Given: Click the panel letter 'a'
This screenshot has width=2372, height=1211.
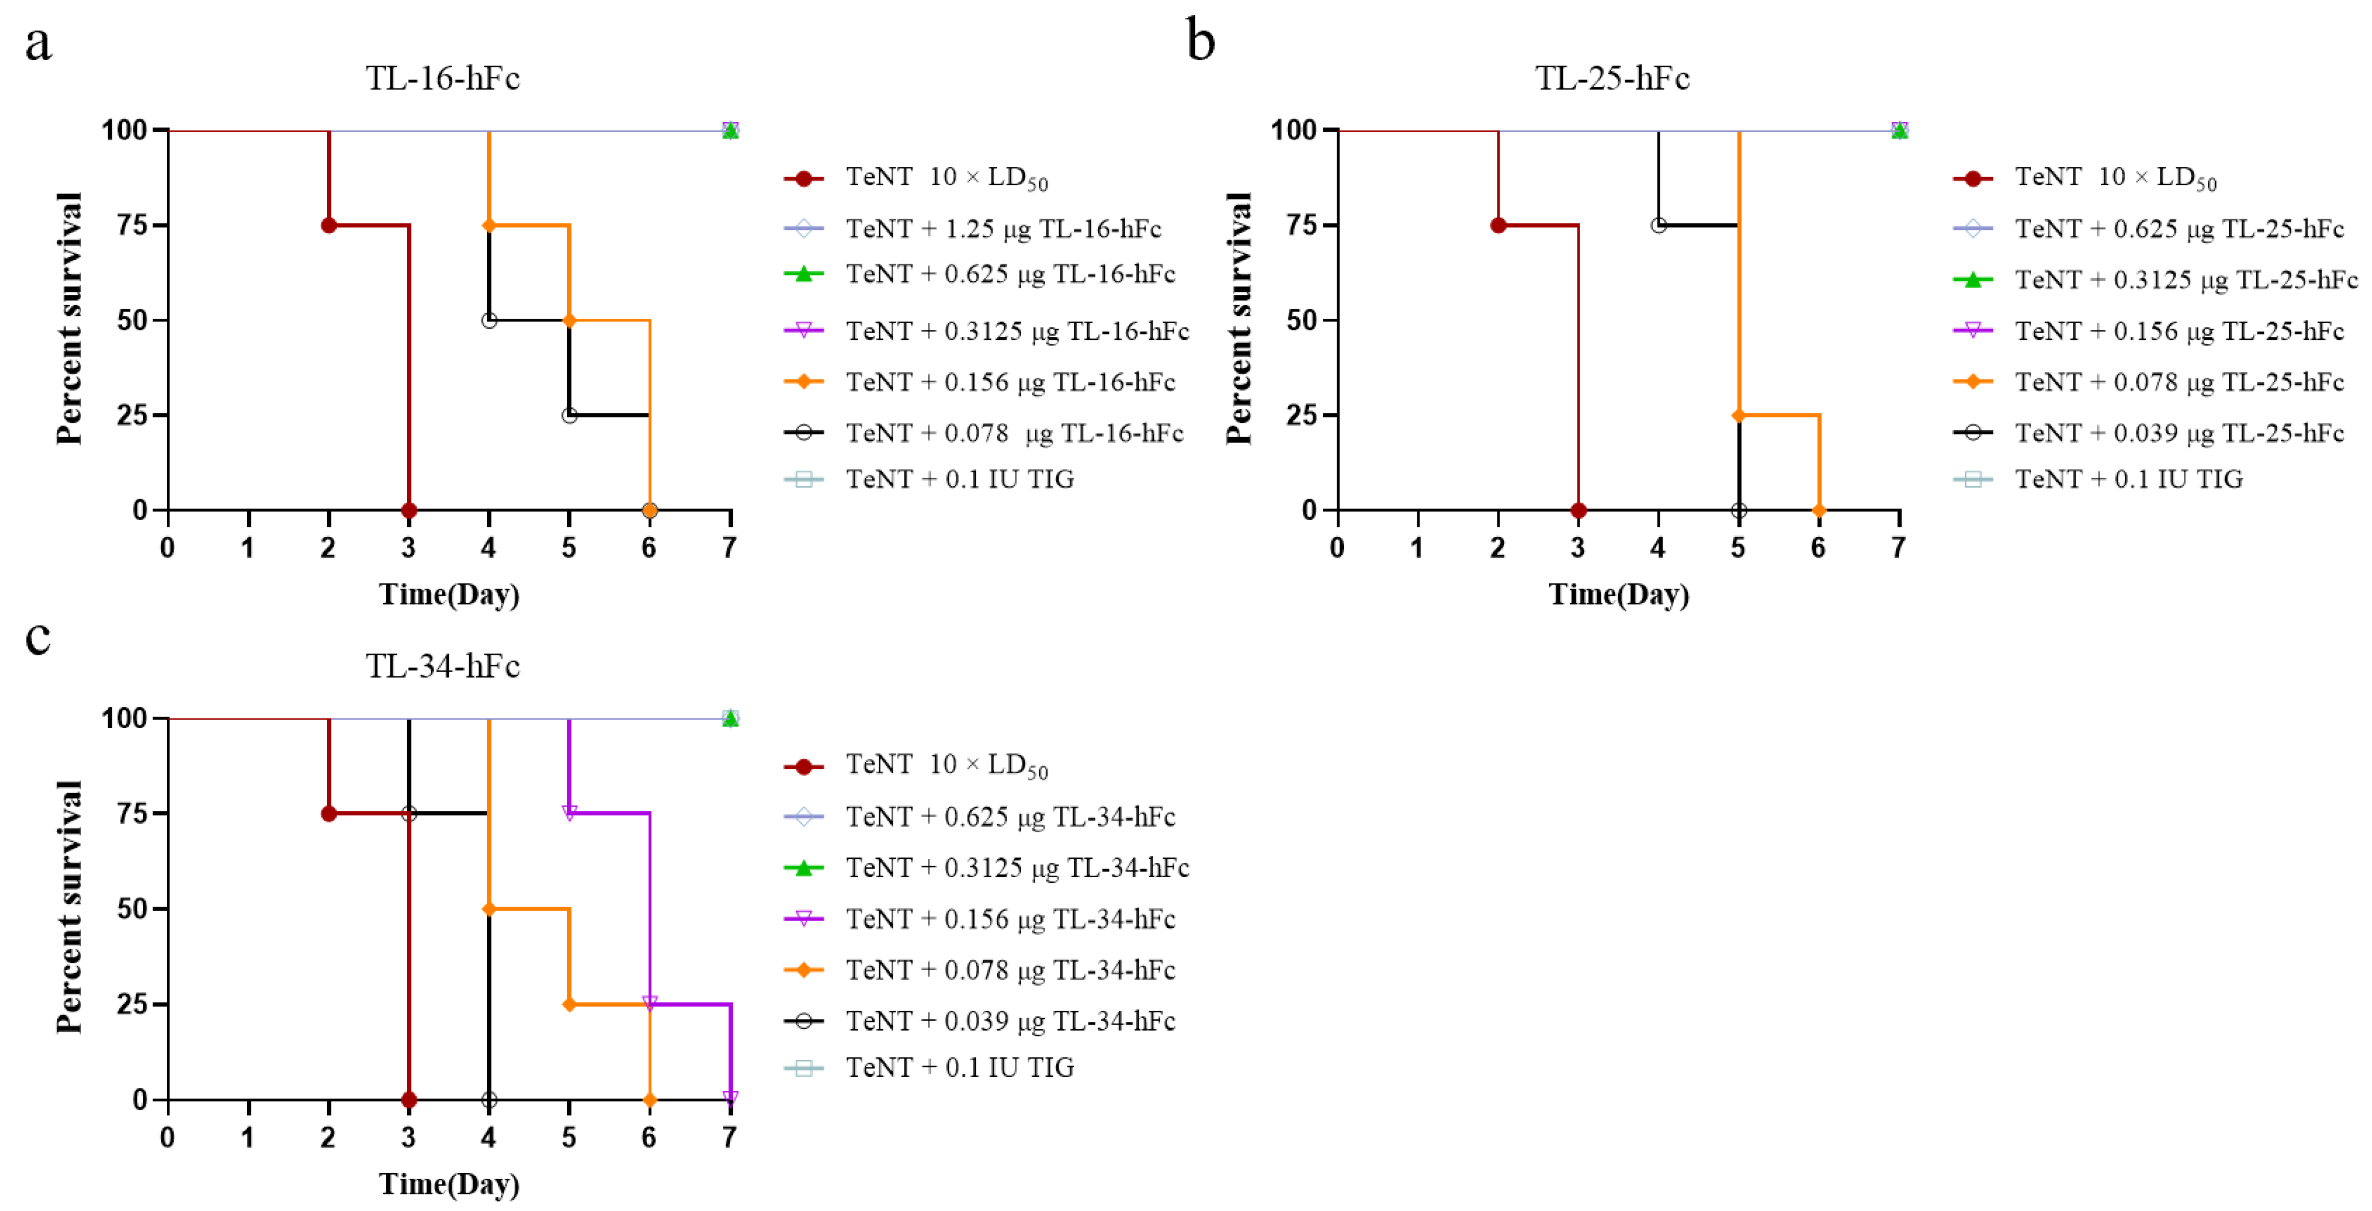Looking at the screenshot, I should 38,44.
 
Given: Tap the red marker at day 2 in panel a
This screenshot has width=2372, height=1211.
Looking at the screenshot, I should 329,226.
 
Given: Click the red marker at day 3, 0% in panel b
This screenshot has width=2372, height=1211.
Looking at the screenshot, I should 1578,510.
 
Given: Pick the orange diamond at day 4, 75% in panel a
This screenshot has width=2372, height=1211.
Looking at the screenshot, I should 489,226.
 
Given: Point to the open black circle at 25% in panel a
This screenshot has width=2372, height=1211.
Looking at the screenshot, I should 569,416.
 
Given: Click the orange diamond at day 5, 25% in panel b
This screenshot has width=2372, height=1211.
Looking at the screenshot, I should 1739,416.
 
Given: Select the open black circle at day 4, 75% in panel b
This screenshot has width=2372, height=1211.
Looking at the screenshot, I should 1659,226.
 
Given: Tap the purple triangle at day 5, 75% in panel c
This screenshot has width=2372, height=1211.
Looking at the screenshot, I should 569,813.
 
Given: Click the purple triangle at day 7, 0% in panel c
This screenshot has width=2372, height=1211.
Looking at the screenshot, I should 730,1098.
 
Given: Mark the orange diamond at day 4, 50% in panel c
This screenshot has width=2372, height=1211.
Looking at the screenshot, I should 489,909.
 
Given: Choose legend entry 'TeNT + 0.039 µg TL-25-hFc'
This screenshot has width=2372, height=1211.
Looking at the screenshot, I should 2179,433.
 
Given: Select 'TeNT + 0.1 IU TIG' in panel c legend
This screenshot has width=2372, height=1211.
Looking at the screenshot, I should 960,1067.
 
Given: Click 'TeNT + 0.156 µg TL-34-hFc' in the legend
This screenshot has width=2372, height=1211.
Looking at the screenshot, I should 1010,919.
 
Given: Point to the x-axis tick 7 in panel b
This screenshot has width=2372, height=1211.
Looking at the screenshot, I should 1899,548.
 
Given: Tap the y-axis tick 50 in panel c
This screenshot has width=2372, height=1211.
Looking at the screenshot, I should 132,909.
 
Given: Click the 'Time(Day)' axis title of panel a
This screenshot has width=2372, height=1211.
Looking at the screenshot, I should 449,595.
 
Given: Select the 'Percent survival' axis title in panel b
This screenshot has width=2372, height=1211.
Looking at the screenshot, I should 1239,319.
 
